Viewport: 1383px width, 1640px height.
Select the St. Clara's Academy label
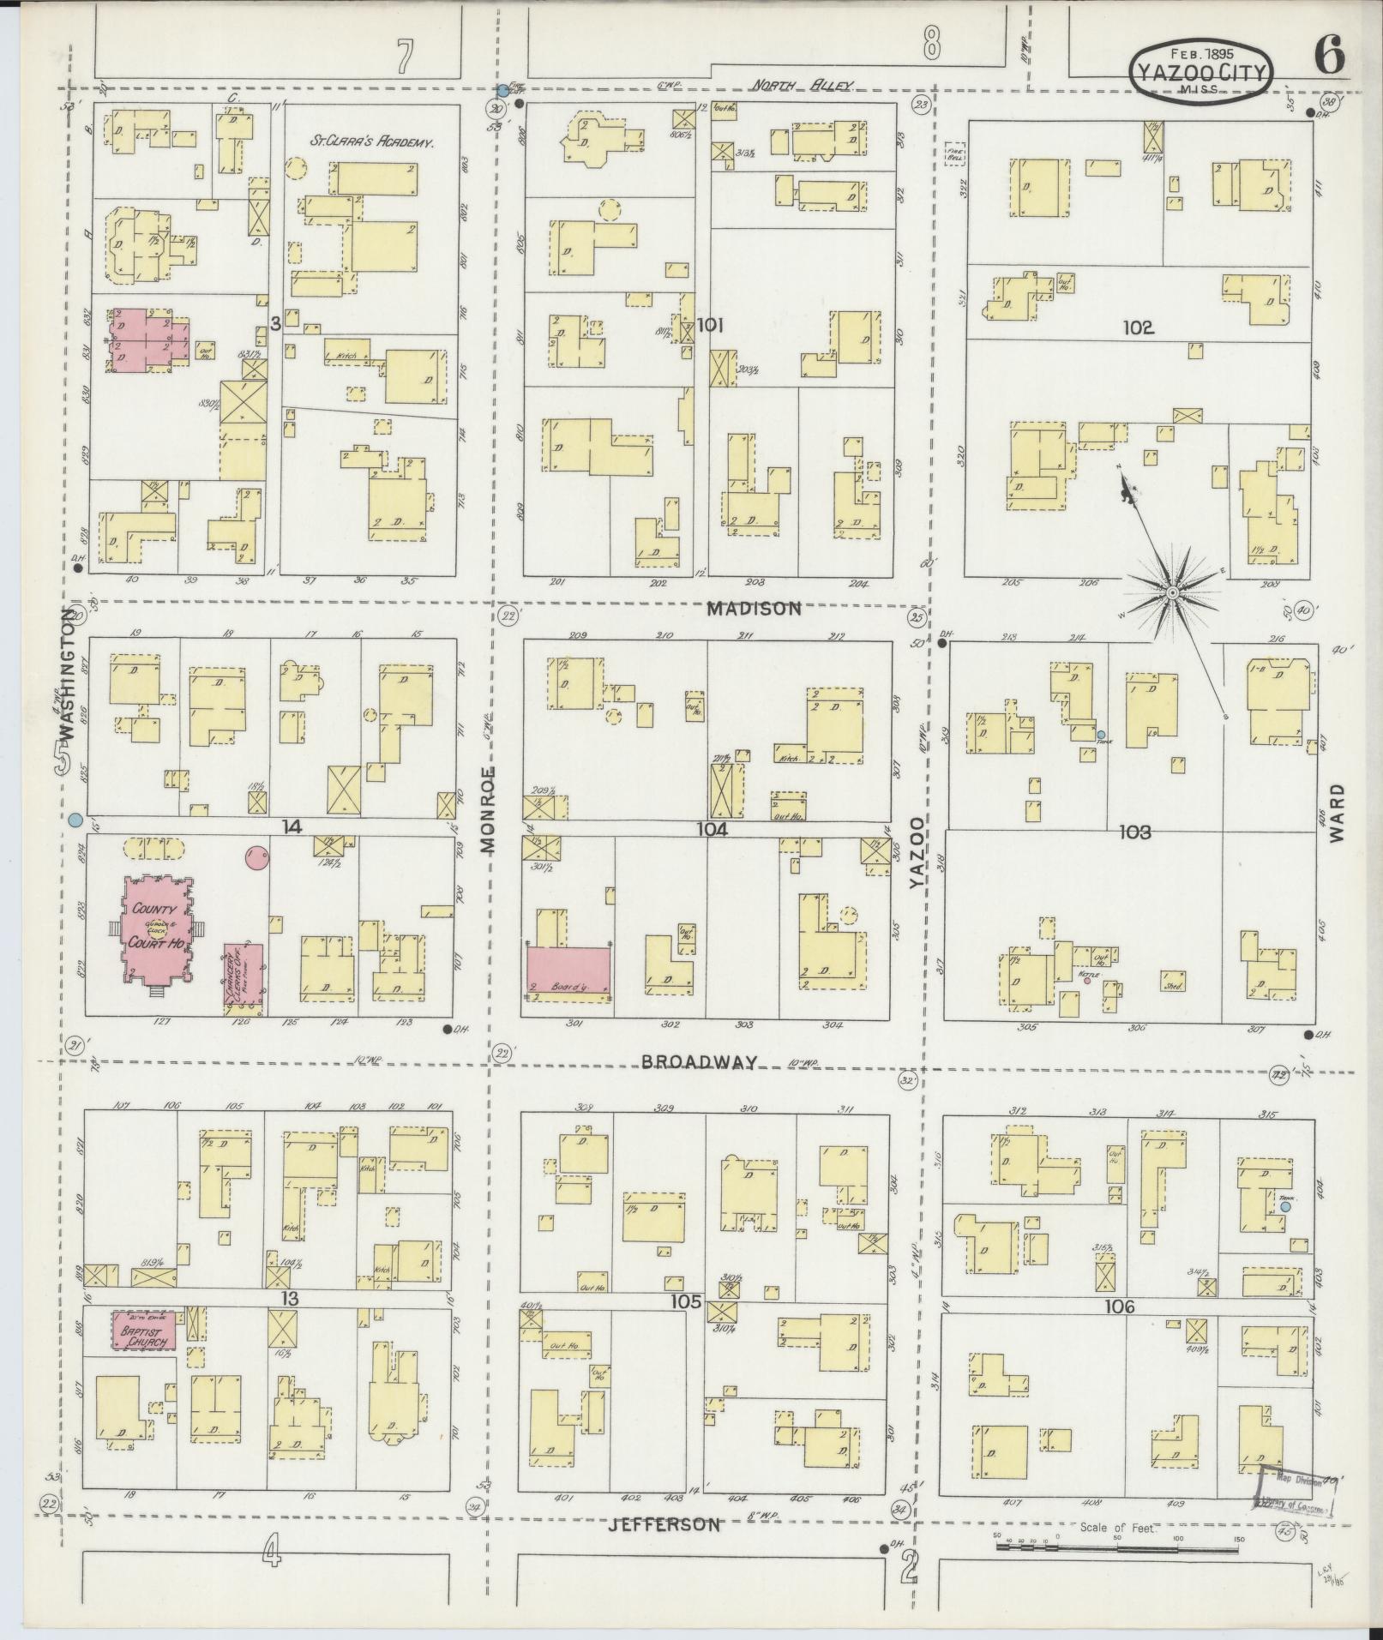coord(370,141)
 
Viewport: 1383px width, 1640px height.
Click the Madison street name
coord(755,609)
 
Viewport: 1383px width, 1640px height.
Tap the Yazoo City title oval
coord(1200,70)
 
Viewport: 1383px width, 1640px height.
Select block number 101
coord(711,325)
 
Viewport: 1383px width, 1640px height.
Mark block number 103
coord(1134,831)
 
